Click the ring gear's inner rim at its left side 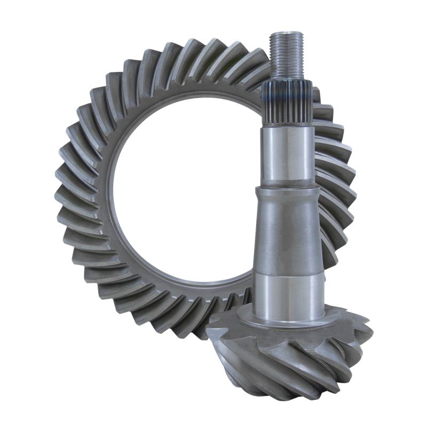click(113, 192)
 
